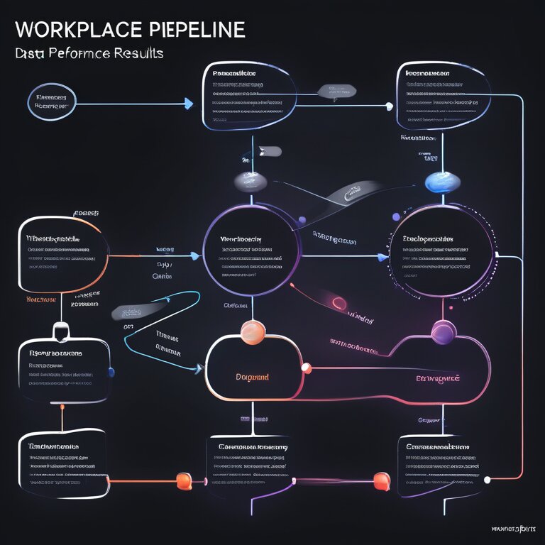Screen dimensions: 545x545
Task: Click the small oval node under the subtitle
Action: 50,103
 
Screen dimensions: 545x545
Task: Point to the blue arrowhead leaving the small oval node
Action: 188,104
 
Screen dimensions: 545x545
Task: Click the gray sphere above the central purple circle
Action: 251,182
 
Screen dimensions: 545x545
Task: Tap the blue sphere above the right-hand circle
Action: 436,182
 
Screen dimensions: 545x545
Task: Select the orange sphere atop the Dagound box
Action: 252,331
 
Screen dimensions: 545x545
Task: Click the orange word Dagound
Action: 252,378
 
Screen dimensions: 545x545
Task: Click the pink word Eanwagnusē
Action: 438,378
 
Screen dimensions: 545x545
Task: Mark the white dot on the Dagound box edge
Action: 307,368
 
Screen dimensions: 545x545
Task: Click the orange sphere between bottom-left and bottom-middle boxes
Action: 184,480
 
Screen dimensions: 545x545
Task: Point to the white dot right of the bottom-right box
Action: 488,480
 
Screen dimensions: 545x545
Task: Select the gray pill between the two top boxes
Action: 336,91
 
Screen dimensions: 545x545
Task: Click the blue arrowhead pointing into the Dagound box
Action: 197,368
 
